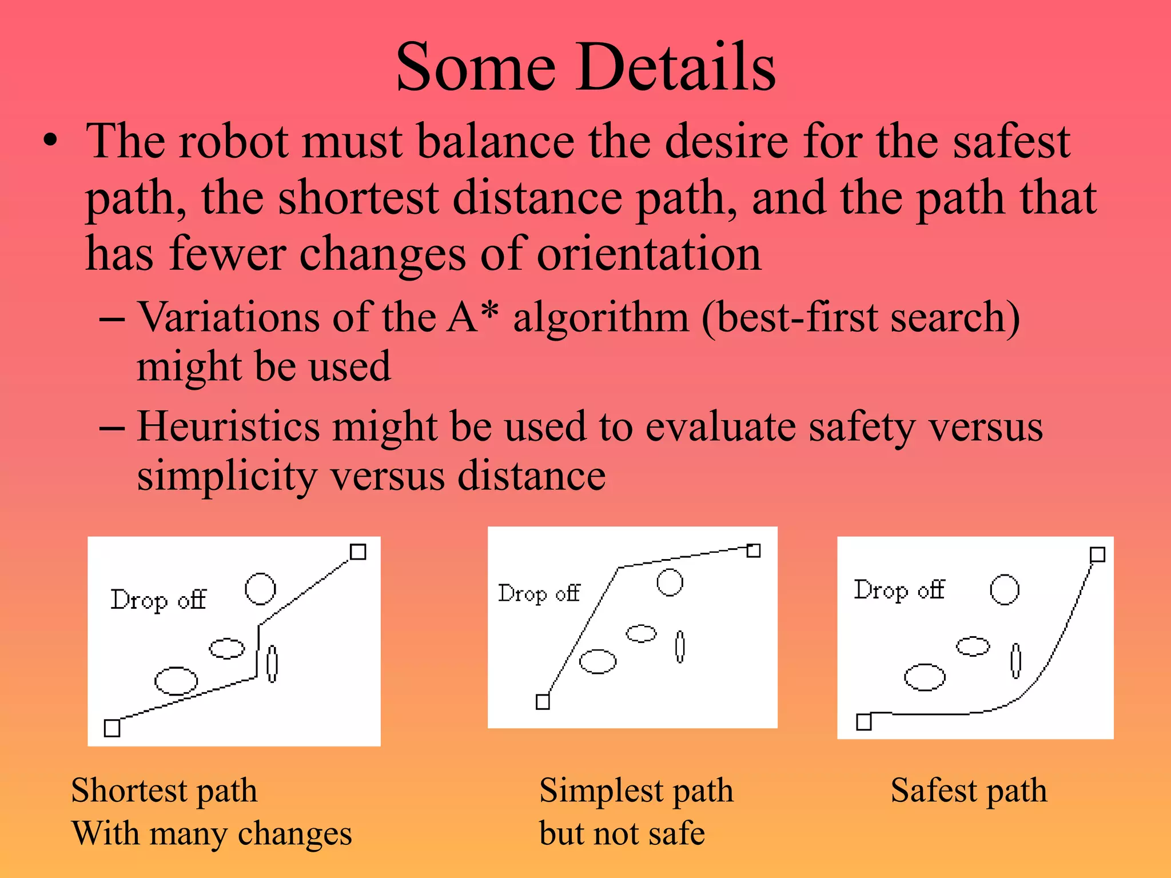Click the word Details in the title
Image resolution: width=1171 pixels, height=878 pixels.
pos(675,67)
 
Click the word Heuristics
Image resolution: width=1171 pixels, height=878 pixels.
pos(228,427)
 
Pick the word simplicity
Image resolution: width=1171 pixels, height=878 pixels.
pos(227,476)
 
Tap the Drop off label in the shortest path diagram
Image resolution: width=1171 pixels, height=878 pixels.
pos(158,600)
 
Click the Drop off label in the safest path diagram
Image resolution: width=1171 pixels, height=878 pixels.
pos(899,590)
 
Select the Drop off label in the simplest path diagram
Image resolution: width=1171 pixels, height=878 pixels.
pos(539,594)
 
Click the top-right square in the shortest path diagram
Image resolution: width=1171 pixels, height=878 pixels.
pos(358,552)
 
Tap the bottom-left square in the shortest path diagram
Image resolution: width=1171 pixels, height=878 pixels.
pos(112,728)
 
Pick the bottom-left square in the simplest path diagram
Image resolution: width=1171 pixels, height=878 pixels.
pos(543,701)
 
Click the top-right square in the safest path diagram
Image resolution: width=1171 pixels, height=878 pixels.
pos(1097,554)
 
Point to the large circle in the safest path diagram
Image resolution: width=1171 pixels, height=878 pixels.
pos(1005,590)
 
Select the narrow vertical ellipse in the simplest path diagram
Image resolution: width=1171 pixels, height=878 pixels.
pos(680,646)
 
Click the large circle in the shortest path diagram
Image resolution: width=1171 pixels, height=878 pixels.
pos(260,589)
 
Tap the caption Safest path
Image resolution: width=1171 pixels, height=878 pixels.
pos(969,791)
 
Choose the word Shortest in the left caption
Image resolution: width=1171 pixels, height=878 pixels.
pos(129,791)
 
